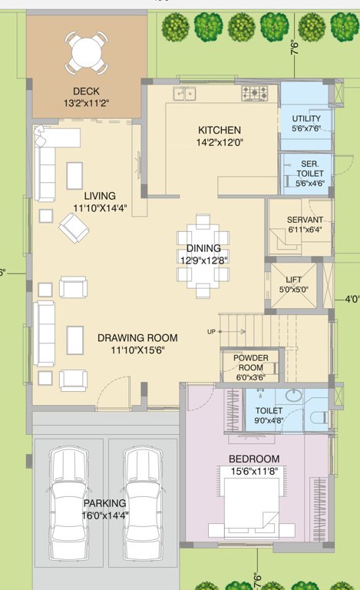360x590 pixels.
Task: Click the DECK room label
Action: [x=86, y=92]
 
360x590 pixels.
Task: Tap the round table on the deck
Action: [x=86, y=52]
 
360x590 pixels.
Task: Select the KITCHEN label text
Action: [x=220, y=130]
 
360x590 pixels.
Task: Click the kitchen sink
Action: [x=184, y=94]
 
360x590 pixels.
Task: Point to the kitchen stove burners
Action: [x=254, y=94]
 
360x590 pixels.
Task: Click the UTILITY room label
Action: [x=306, y=118]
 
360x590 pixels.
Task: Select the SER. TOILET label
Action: [x=310, y=164]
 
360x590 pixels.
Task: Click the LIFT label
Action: [x=294, y=280]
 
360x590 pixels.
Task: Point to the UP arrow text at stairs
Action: [x=210, y=331]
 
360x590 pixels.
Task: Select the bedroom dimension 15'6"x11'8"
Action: [x=254, y=471]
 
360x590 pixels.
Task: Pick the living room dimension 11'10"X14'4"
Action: [x=101, y=208]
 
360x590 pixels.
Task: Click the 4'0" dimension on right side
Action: [x=352, y=298]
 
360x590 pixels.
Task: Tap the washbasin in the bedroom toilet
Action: [x=294, y=396]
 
